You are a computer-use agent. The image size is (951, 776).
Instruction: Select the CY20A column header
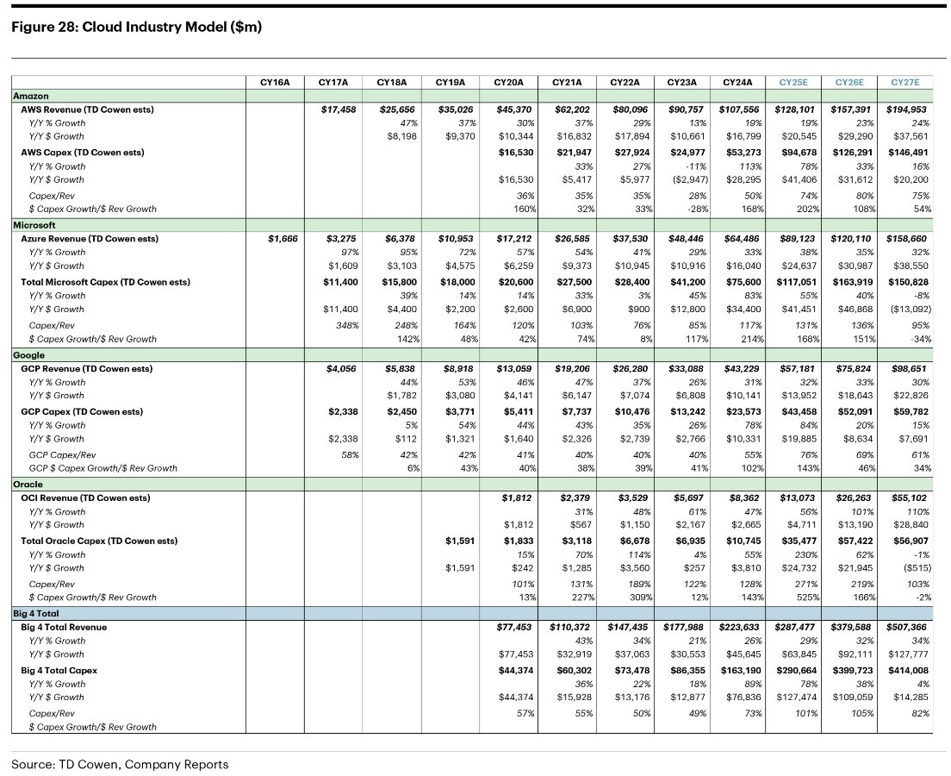point(510,82)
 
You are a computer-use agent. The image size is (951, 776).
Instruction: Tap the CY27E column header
point(904,82)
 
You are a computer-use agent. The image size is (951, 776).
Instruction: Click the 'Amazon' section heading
point(31,97)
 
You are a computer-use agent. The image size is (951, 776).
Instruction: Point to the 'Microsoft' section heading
point(34,226)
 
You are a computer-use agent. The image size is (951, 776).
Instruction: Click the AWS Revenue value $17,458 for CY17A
point(337,110)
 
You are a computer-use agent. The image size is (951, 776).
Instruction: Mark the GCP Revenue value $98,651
point(905,368)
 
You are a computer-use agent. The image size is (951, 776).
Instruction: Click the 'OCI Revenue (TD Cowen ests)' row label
point(85,498)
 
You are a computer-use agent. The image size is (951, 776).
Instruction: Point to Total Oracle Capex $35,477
point(802,541)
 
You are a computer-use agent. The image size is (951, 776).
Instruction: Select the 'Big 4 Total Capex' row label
point(59,670)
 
